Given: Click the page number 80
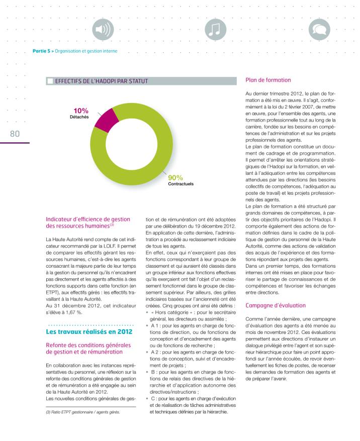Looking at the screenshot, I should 14,134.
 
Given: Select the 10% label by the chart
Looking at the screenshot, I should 80,111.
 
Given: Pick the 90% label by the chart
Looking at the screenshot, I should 175,178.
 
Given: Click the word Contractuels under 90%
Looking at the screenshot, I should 181,184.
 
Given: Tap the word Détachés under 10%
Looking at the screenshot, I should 79,117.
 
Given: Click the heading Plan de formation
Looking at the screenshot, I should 268,80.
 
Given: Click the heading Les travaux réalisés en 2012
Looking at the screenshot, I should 89,332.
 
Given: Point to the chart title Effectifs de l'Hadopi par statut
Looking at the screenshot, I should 102,80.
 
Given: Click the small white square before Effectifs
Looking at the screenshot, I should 49,80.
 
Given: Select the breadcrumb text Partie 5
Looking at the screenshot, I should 42,51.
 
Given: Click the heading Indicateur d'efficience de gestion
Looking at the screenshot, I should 88,219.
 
